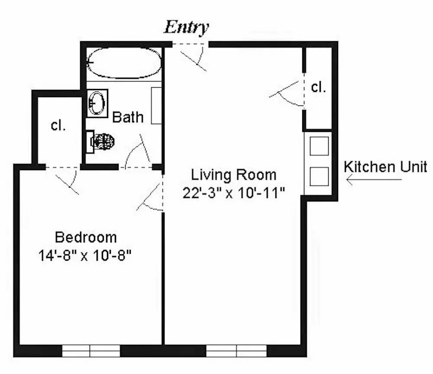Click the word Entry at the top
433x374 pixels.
pos(186,27)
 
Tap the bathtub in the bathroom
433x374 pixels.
pos(124,63)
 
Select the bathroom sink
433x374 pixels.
pos(97,103)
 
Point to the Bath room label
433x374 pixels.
pos(128,117)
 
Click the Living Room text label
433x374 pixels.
pos(234,175)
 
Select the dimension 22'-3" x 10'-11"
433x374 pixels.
pos(234,193)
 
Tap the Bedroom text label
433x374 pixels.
pos(86,237)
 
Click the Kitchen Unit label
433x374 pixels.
pos(385,166)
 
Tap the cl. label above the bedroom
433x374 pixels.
pos(58,125)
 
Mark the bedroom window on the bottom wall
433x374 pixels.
pos(91,350)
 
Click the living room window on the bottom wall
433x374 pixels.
pos(236,350)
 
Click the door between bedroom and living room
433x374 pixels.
pos(152,195)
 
